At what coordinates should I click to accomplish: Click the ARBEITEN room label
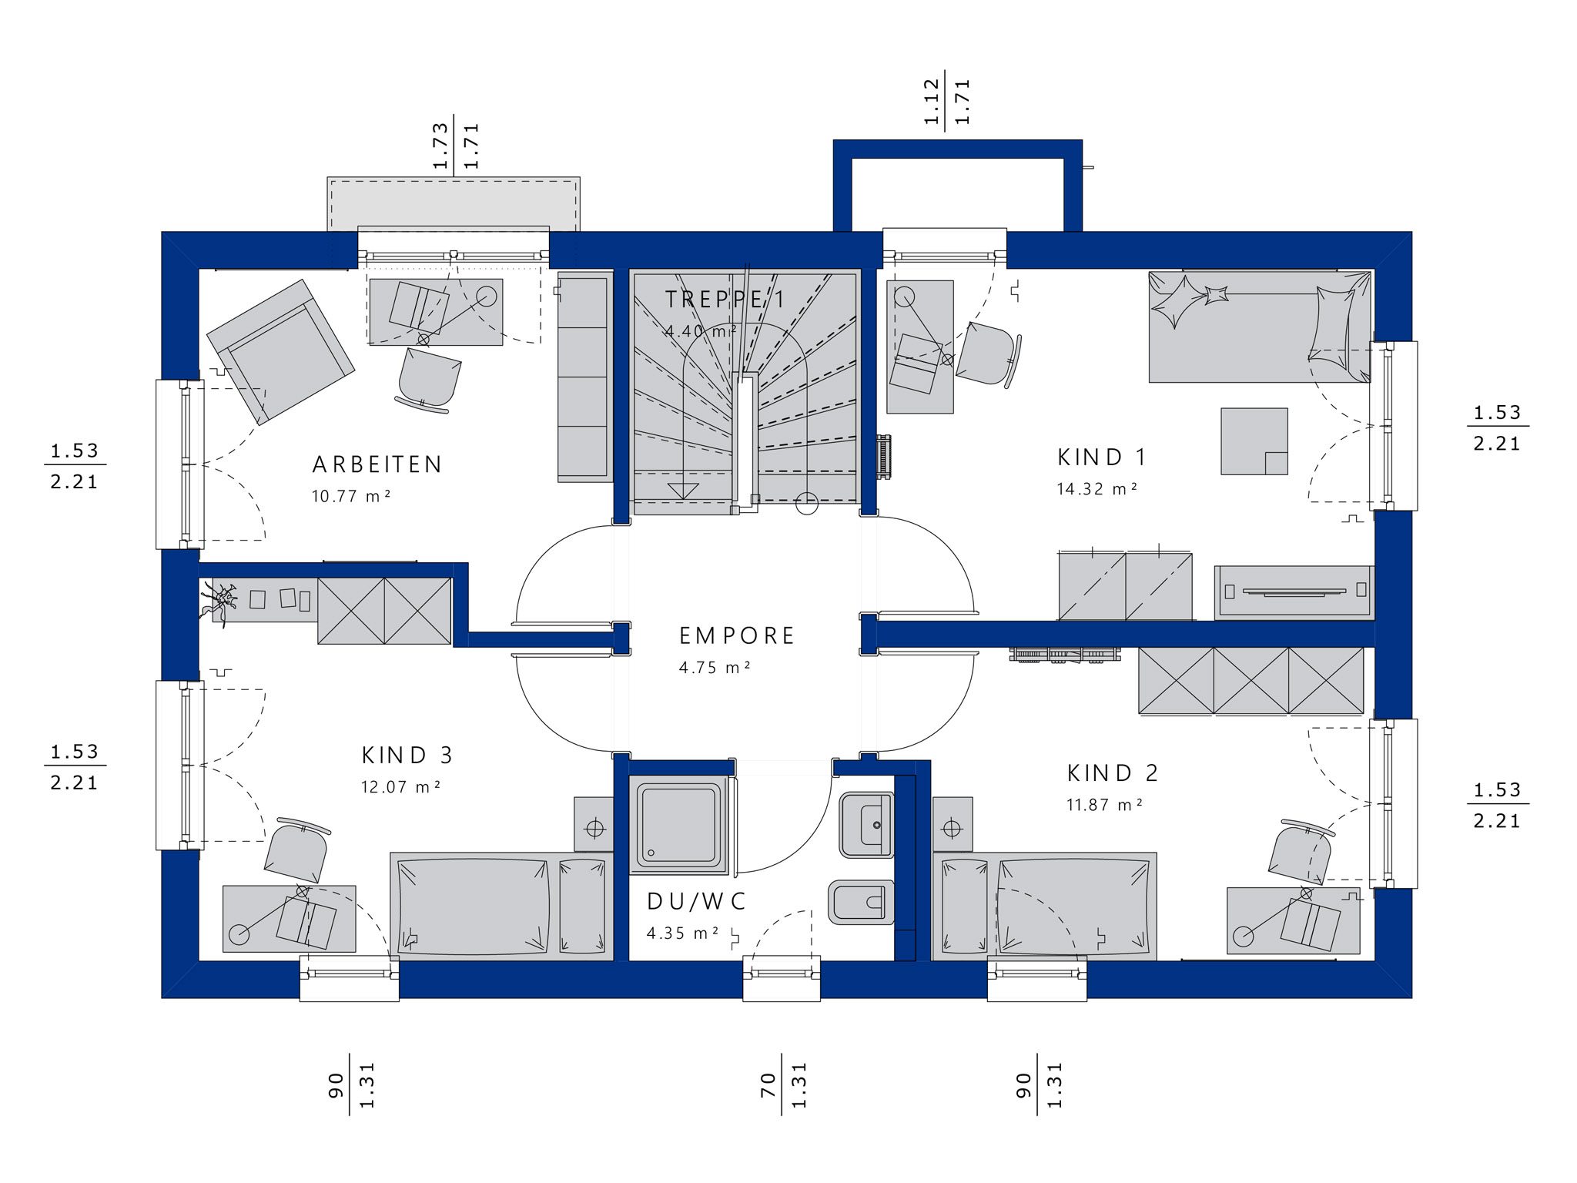377,464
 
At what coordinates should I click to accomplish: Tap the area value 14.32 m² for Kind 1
1097,489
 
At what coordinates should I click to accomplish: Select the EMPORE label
736,635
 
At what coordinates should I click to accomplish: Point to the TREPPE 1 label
725,299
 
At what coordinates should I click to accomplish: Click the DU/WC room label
696,901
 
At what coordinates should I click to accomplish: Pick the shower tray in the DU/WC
678,825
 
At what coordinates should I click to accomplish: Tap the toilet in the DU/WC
861,902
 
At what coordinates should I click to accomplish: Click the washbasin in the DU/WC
866,824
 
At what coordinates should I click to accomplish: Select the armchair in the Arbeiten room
280,352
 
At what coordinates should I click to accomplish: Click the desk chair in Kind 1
989,354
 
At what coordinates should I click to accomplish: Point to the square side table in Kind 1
1254,441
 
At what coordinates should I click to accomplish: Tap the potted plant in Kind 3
219,600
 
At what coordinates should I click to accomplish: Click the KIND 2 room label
1113,772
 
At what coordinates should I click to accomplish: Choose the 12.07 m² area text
400,787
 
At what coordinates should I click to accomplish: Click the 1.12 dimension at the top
932,102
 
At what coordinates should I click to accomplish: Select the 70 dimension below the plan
768,1085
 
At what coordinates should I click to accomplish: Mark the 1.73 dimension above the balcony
440,146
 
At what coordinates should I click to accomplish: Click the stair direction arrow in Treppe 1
682,491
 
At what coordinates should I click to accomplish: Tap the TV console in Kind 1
1294,592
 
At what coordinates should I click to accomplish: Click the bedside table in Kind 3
594,828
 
